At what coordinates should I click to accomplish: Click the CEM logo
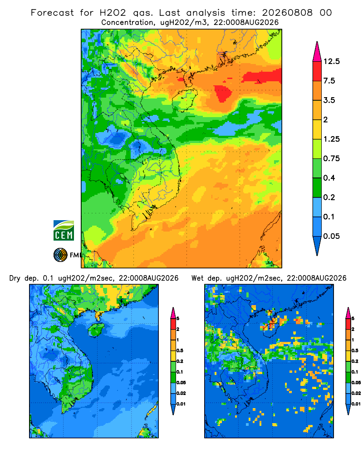coord(64,231)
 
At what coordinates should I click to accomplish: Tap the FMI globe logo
coord(60,255)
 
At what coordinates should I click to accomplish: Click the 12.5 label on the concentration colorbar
coord(331,61)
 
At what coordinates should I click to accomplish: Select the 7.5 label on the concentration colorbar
coord(329,81)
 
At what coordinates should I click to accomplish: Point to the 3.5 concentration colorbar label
coord(329,100)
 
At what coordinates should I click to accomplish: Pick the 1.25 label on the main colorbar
coord(331,139)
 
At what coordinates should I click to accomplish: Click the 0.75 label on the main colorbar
coord(331,158)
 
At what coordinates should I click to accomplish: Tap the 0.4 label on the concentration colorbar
coord(329,178)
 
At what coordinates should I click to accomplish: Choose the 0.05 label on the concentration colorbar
coord(331,236)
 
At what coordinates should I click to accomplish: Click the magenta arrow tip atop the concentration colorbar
coord(317,42)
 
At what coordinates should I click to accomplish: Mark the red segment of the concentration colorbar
coord(317,71)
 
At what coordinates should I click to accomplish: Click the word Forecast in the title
coord(52,13)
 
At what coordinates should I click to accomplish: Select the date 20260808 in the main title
coord(287,13)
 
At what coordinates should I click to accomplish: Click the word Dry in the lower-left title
coord(15,278)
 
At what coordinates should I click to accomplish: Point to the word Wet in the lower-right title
coord(198,278)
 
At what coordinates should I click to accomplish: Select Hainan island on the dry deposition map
coord(96,330)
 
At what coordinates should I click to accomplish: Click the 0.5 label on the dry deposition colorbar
coord(180,350)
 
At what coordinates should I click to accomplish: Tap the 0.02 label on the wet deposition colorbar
coord(356,393)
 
